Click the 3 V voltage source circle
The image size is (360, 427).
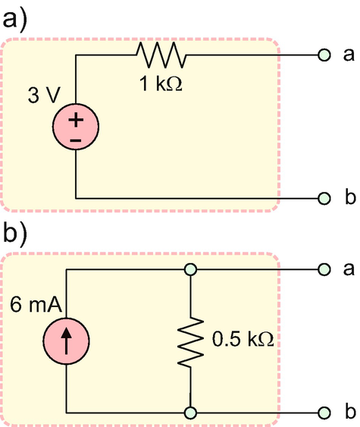click(77, 128)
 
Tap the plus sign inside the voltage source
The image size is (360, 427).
click(77, 120)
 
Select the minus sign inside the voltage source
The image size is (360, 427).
click(77, 140)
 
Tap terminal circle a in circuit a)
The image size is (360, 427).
click(324, 55)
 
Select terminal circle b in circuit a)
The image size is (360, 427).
click(324, 199)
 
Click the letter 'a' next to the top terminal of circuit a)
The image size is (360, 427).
click(349, 55)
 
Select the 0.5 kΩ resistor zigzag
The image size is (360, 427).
click(191, 341)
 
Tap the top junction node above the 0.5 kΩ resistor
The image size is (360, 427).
click(191, 269)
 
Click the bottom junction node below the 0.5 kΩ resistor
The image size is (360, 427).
click(191, 413)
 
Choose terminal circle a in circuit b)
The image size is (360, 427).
click(324, 269)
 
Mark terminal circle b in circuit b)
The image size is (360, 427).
click(324, 413)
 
